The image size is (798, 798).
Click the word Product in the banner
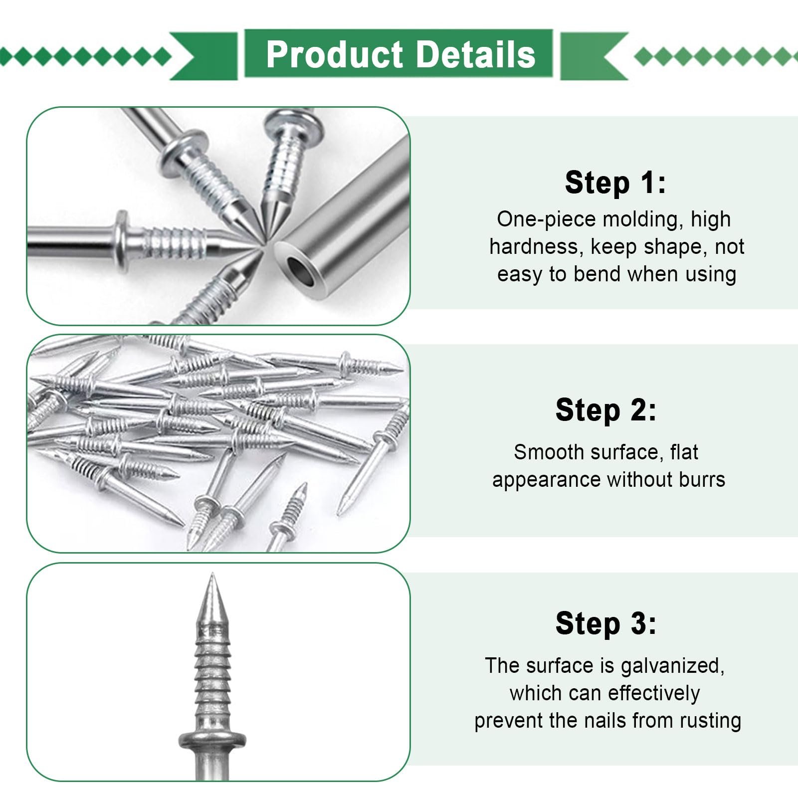tap(335, 54)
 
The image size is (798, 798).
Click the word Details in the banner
tap(474, 54)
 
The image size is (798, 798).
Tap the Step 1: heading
tap(615, 183)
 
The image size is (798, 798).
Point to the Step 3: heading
tap(606, 623)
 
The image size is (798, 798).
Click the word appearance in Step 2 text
tap(547, 480)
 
